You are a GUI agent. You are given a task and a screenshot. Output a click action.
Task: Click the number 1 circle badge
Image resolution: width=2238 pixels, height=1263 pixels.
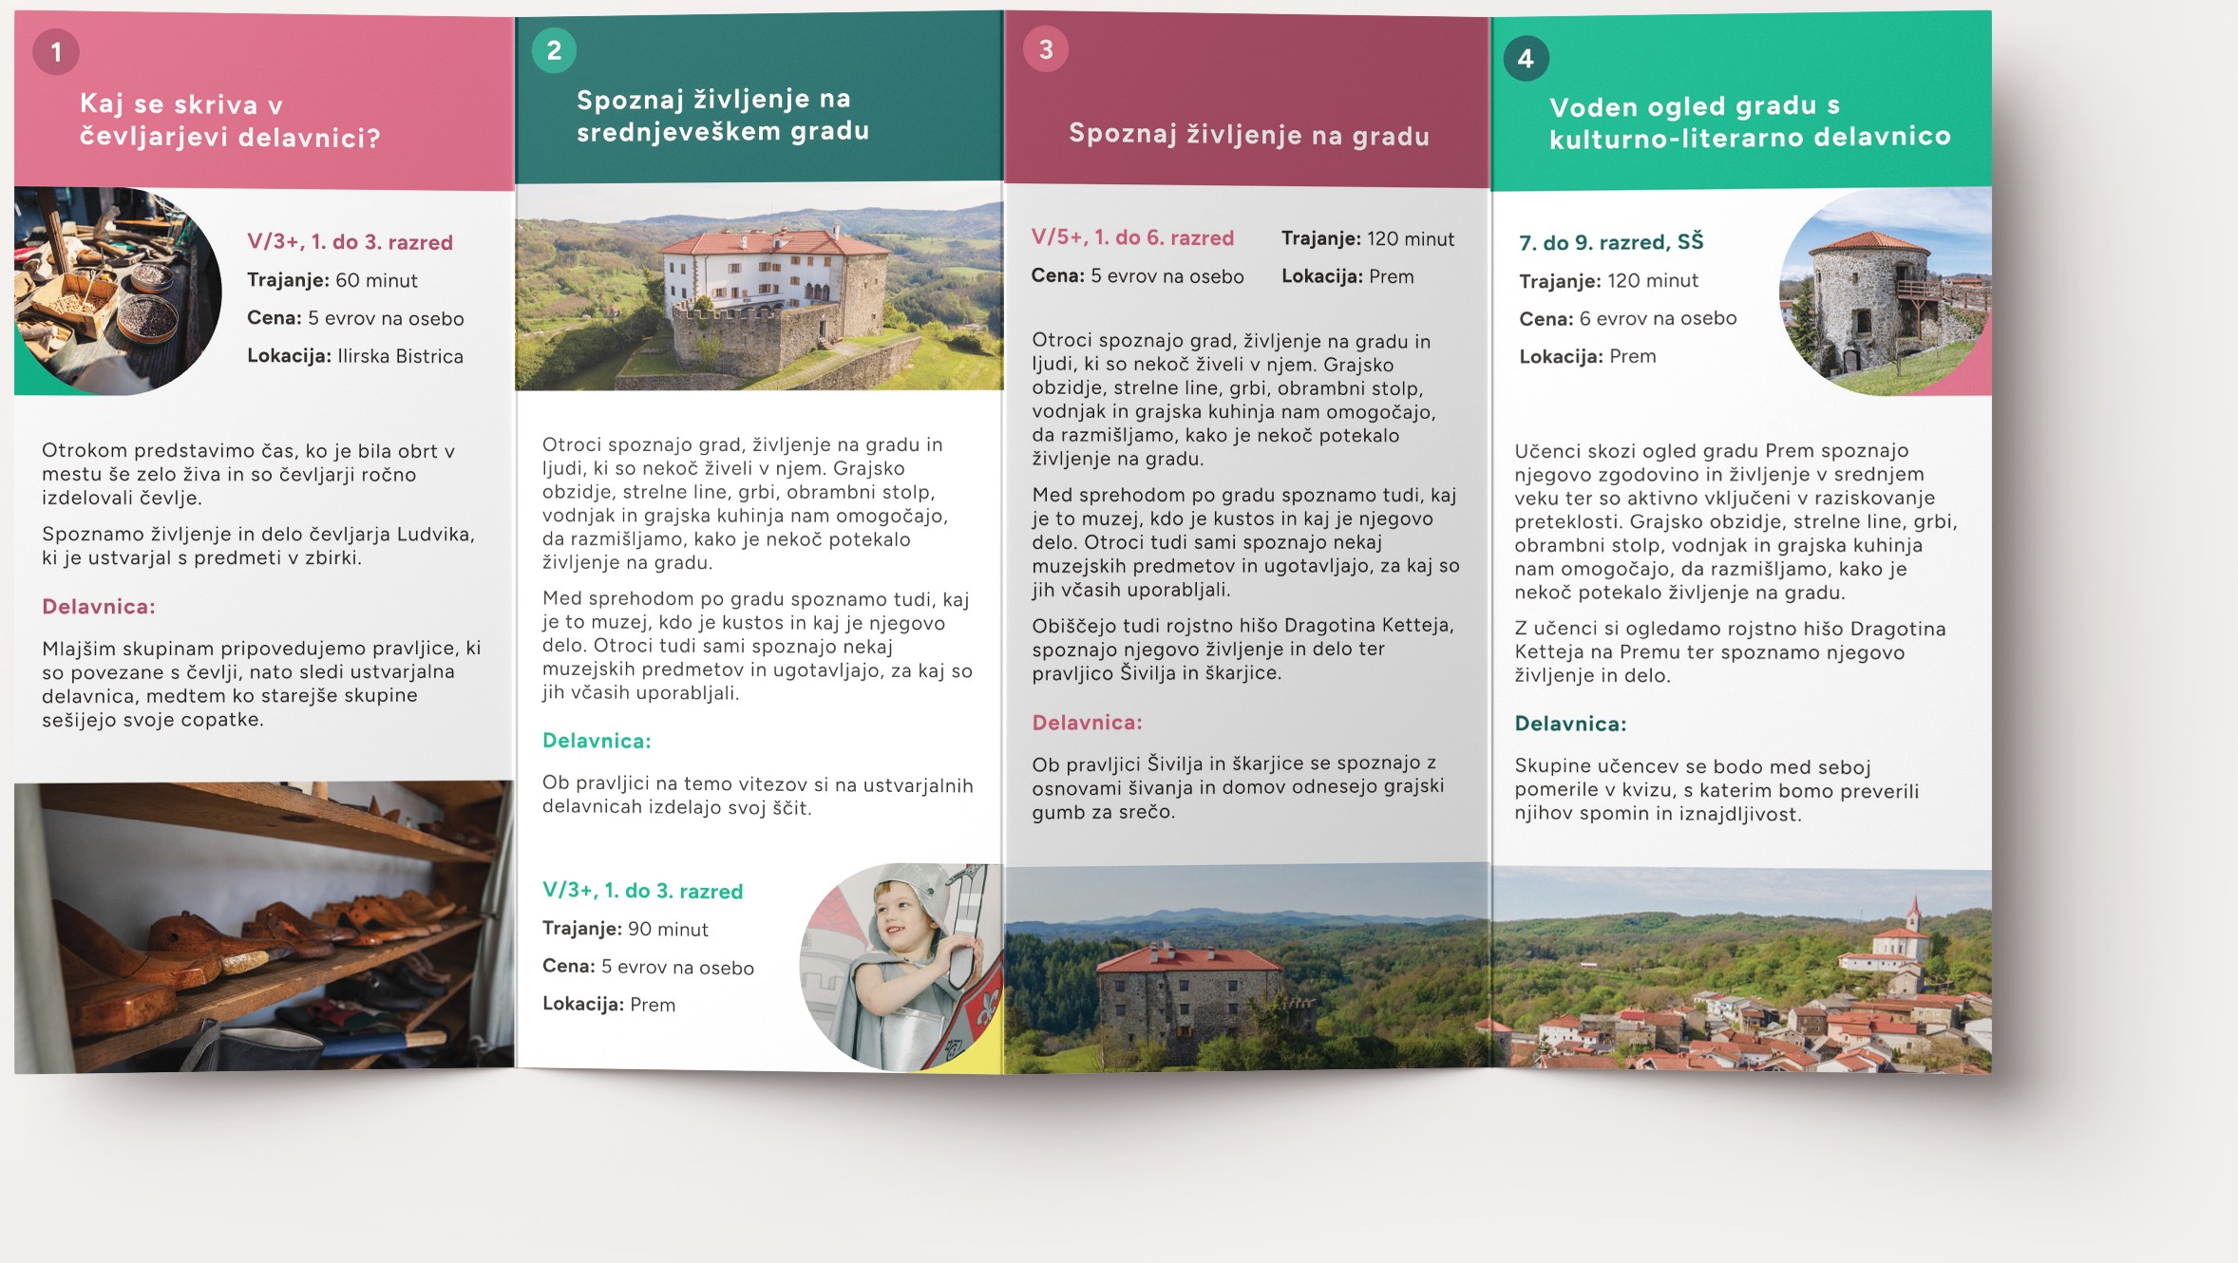(56, 52)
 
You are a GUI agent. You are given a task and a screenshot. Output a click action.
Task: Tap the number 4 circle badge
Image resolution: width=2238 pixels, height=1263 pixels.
(1526, 59)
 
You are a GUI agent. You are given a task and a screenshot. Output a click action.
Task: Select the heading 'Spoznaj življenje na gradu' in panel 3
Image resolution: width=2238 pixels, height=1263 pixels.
(1248, 135)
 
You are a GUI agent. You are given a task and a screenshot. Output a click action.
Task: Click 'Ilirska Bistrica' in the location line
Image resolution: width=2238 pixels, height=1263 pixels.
(400, 357)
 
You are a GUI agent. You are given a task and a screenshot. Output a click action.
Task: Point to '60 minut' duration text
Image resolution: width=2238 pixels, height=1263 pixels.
(376, 281)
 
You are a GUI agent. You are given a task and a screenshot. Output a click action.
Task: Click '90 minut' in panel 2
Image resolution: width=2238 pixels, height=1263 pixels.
(668, 930)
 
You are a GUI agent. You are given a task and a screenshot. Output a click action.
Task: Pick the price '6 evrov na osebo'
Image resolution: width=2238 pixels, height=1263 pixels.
(1658, 319)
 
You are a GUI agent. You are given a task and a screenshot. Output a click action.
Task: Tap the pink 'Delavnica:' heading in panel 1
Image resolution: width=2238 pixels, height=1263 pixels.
(99, 607)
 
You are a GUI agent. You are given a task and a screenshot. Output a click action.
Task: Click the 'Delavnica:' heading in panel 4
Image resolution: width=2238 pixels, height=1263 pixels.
(1570, 725)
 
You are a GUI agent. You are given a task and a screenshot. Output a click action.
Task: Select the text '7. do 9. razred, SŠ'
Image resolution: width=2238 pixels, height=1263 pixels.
(1611, 243)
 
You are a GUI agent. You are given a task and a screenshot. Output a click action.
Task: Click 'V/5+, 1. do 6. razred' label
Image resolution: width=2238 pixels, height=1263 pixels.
(1132, 238)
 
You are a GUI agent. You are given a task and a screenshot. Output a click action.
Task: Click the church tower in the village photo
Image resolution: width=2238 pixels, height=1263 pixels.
(1913, 916)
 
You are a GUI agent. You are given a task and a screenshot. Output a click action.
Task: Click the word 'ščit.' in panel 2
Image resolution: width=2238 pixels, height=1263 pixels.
(791, 808)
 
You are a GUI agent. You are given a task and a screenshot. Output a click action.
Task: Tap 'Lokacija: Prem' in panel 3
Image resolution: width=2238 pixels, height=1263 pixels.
(1347, 277)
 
